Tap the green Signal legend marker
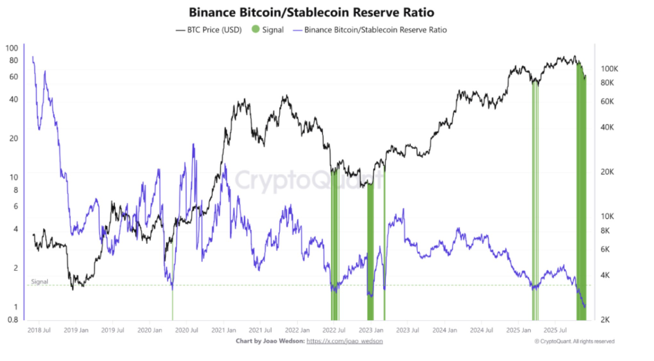click(x=256, y=30)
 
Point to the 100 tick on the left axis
click(x=11, y=48)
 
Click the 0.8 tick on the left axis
click(x=12, y=320)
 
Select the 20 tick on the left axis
click(x=13, y=138)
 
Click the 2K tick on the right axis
click(x=605, y=320)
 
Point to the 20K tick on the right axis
click(x=606, y=172)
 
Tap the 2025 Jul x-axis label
click(x=556, y=331)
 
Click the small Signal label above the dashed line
click(x=39, y=281)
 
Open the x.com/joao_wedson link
click(x=344, y=341)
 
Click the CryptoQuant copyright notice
click(x=574, y=341)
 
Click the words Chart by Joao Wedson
click(x=269, y=341)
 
